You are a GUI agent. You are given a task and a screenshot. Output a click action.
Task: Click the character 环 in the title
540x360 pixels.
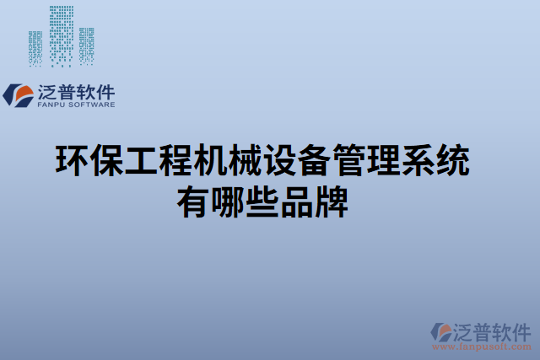point(72,160)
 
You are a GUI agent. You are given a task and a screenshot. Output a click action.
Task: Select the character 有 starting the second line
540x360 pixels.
point(192,202)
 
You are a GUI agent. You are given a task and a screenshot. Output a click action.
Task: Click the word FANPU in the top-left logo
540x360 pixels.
point(51,106)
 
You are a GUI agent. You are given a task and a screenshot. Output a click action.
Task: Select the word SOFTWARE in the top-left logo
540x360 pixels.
point(92,106)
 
